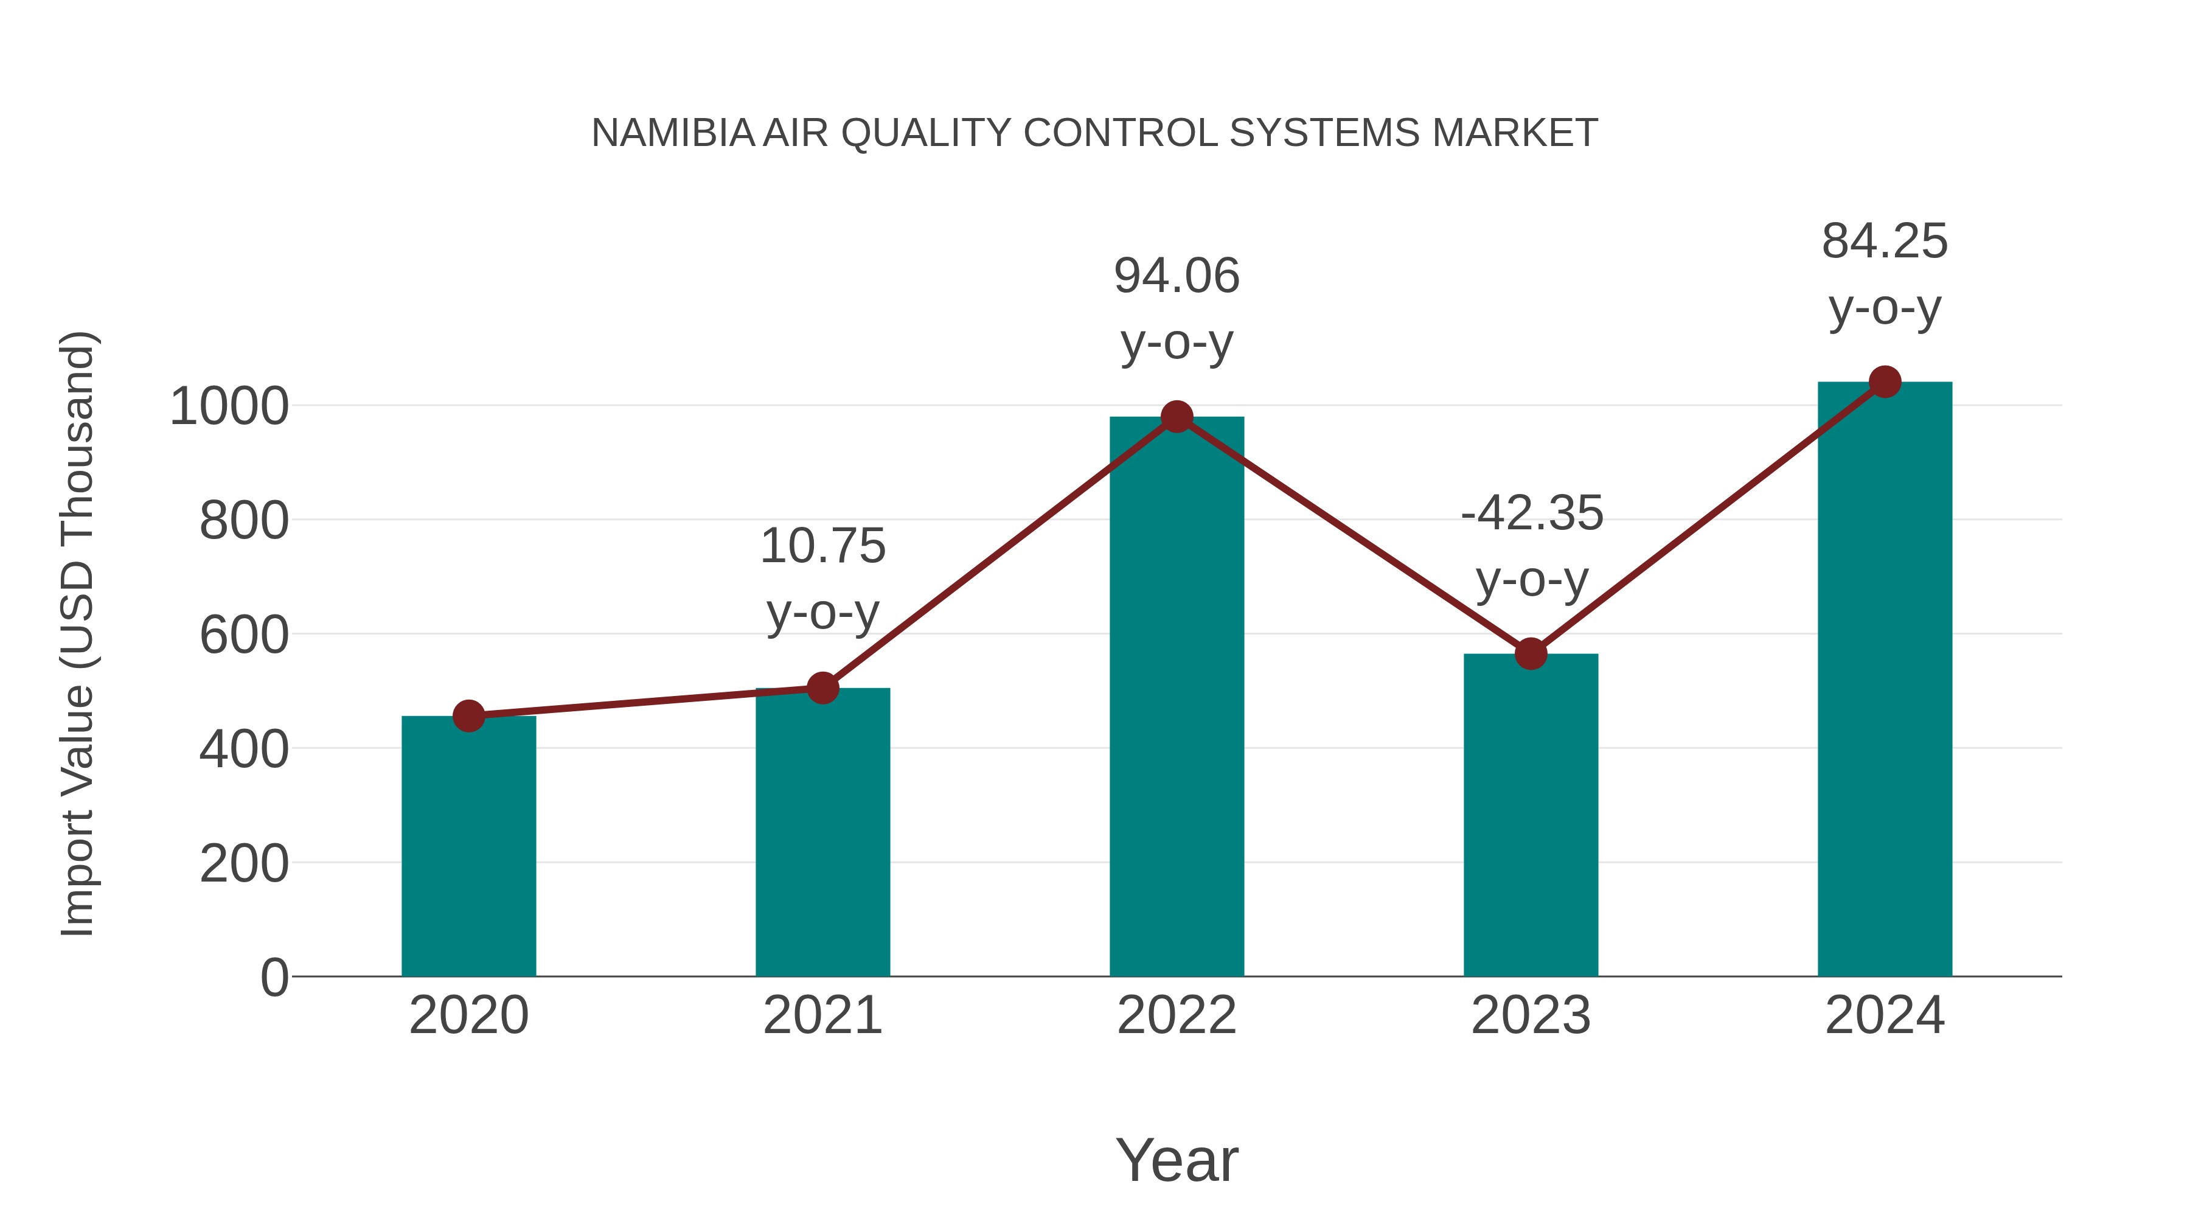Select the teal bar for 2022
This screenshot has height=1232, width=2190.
point(1177,697)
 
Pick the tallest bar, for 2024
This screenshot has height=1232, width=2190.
point(1885,680)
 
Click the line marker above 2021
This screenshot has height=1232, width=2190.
point(822,688)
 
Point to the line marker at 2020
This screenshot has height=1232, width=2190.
point(468,716)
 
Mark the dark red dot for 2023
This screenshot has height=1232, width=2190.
point(1531,654)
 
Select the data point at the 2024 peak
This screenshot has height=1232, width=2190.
point(1885,381)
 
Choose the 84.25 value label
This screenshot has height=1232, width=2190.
point(1885,242)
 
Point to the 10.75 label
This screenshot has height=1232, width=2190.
point(822,546)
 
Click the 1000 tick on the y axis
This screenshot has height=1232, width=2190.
point(229,406)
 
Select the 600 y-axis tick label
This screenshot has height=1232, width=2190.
point(244,635)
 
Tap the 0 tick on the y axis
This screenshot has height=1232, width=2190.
point(274,977)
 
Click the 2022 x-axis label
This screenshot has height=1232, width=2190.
point(1177,1015)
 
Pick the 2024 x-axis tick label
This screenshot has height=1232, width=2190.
point(1885,1015)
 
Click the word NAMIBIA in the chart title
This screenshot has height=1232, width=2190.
point(672,133)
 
